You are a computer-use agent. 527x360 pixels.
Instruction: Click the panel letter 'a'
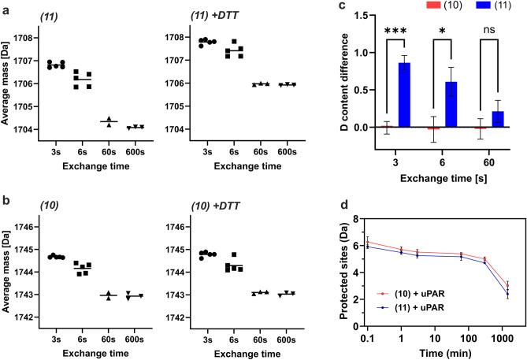(6, 6)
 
